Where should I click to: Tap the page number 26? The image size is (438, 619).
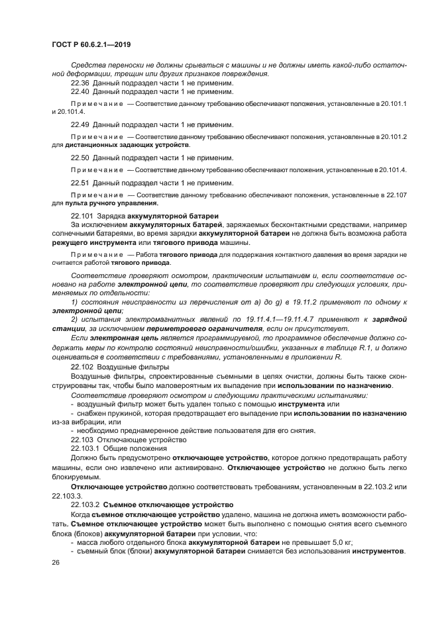click(x=56, y=562)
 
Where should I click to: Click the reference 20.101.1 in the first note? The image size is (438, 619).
click(x=394, y=105)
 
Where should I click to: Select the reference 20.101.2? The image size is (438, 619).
click(x=394, y=137)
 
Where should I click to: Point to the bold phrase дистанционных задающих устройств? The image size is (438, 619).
click(x=127, y=145)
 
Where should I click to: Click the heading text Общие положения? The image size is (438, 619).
click(x=133, y=448)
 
